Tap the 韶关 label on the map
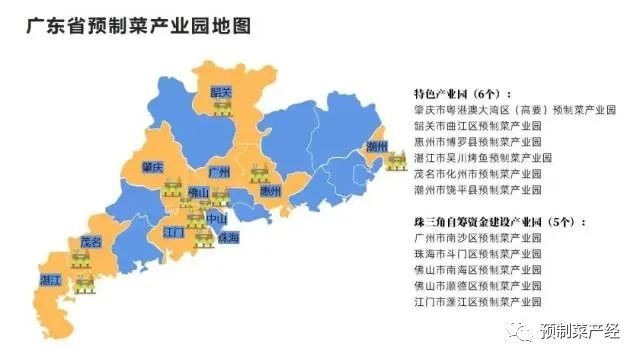(221, 92)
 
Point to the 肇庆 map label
(153, 166)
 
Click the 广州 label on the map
(220, 171)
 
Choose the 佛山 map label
(198, 192)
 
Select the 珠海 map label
(228, 238)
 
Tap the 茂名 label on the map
(91, 242)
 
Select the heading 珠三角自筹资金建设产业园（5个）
(499, 222)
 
